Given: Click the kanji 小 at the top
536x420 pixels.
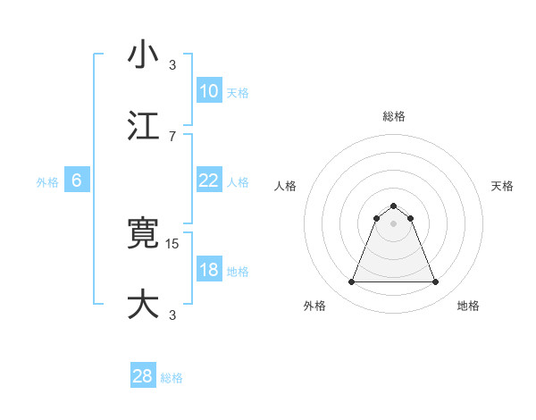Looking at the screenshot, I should click(143, 55).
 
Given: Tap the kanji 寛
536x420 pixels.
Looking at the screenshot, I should click(143, 234).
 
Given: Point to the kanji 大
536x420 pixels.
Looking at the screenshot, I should click(143, 303).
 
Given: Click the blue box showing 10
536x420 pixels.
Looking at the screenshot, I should click(208, 91).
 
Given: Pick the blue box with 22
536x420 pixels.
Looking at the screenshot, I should click(208, 181).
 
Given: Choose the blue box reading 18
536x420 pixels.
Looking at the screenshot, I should click(208, 271).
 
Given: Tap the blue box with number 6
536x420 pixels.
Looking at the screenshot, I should click(77, 181).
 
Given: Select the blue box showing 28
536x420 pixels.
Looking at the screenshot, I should click(143, 376).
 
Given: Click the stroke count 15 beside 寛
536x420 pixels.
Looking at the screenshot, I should click(173, 243).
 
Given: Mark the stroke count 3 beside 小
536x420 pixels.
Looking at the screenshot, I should click(172, 64).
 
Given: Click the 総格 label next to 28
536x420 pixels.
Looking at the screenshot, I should click(172, 378).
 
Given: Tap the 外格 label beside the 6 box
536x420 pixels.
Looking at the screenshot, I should click(47, 182).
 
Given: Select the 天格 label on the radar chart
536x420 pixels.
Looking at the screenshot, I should click(503, 186).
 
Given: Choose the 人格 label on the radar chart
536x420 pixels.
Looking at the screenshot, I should click(286, 186).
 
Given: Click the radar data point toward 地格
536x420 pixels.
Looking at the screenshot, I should click(436, 282).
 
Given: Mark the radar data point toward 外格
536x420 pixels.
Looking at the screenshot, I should click(351, 282).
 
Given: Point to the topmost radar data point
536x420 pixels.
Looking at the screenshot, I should click(393, 206).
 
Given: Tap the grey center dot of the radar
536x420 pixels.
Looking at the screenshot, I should click(393, 223).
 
